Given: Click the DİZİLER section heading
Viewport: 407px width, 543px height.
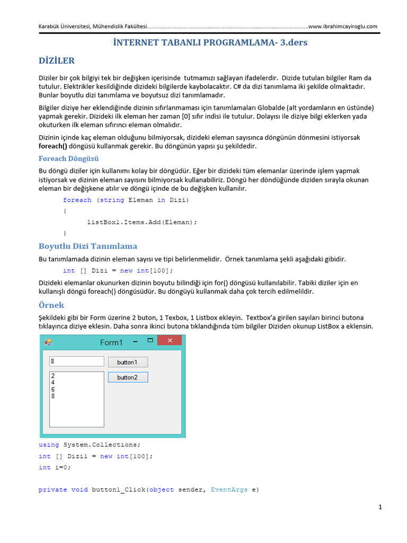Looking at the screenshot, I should [x=57, y=60].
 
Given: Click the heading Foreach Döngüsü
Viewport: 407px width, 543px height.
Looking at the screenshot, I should [x=68, y=159].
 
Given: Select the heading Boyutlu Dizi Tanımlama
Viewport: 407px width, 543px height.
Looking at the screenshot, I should [x=88, y=246].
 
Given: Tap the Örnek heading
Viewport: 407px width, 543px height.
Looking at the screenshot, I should [x=51, y=305].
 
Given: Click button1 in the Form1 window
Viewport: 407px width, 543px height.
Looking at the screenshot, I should [x=128, y=362].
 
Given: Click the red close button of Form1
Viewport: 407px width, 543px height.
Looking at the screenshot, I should [x=170, y=341].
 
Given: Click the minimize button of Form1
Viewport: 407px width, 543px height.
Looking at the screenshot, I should [x=136, y=341].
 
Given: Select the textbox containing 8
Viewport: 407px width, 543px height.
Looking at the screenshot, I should [x=76, y=361].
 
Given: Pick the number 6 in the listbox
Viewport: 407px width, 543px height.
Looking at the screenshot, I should [x=53, y=389].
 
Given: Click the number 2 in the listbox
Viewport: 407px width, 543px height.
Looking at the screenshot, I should [x=53, y=375].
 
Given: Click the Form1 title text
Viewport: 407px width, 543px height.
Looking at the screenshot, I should [x=111, y=343].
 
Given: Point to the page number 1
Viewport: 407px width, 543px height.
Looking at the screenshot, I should [x=380, y=507].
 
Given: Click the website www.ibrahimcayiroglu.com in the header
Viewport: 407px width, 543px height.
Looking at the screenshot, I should [x=342, y=27].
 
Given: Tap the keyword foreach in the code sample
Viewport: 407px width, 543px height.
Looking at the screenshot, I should [x=77, y=200].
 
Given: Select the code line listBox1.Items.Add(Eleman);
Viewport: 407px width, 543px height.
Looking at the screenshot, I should [x=142, y=222].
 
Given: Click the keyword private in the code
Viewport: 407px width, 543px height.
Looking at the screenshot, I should [x=52, y=489].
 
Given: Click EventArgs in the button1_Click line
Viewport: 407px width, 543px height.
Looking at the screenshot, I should [x=229, y=489].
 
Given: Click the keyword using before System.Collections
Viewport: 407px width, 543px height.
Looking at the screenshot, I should [x=49, y=445].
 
